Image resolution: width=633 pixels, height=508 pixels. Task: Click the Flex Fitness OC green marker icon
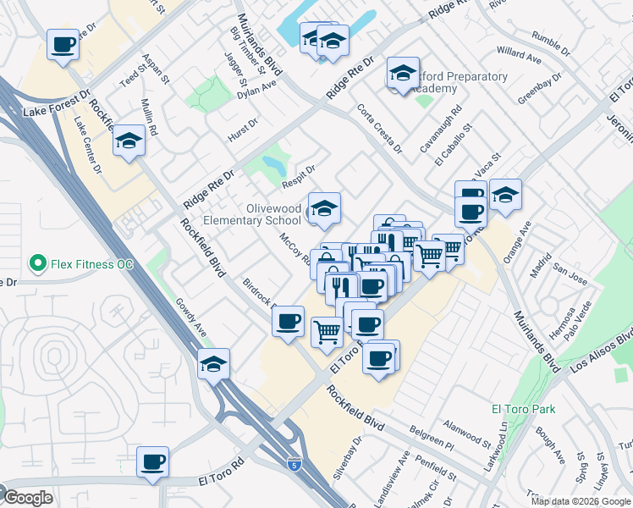click(x=36, y=264)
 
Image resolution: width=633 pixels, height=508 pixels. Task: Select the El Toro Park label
click(x=523, y=409)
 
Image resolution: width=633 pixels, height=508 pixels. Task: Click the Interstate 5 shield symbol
click(x=293, y=464)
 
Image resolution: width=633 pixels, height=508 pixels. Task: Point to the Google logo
click(x=27, y=498)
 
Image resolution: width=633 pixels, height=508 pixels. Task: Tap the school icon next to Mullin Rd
click(x=129, y=141)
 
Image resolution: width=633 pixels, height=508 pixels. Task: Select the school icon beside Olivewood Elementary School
click(x=324, y=208)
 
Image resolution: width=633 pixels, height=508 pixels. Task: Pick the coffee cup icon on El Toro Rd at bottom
click(x=153, y=462)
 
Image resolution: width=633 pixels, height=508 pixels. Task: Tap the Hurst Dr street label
click(x=242, y=135)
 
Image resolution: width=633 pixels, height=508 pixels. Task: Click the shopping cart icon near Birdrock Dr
click(x=327, y=331)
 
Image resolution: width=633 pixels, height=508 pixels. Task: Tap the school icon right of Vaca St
click(x=505, y=195)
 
